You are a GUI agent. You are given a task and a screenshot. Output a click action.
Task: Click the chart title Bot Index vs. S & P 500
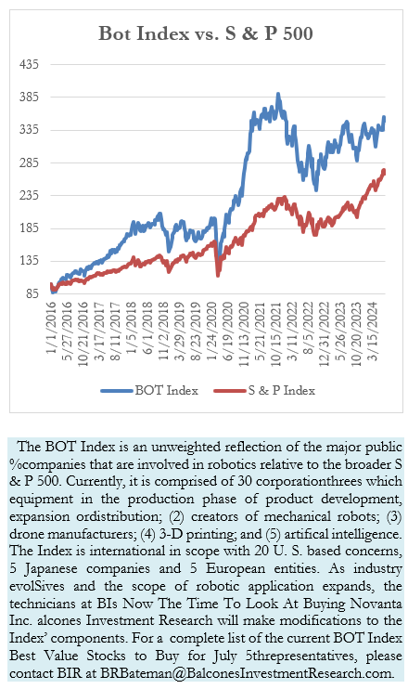(205, 33)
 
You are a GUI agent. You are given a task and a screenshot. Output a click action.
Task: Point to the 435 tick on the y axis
(30, 64)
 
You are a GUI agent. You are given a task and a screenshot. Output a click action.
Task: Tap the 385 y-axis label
(30, 97)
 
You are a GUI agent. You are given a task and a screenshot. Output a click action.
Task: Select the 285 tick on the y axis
(30, 162)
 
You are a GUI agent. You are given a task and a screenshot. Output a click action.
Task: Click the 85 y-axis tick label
(32, 293)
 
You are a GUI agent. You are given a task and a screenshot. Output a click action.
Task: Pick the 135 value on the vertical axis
(30, 261)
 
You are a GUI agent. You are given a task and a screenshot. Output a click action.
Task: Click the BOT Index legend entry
(149, 390)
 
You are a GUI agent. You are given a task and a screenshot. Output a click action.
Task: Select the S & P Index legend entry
(264, 390)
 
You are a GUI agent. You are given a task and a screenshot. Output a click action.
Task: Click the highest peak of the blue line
(278, 94)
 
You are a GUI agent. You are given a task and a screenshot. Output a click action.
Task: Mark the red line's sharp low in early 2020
(218, 275)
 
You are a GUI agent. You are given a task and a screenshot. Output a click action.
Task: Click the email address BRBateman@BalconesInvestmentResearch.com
(246, 673)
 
